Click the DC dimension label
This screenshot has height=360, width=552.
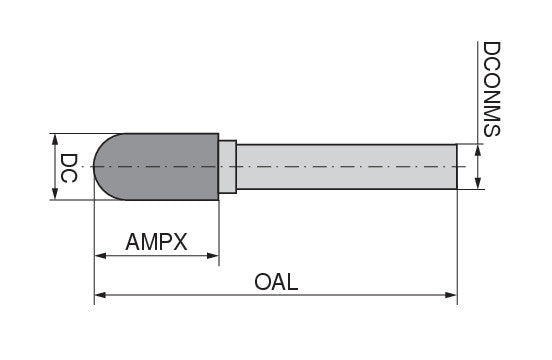coord(68,168)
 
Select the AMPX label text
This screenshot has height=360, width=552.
coord(156,242)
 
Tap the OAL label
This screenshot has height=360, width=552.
coord(276,282)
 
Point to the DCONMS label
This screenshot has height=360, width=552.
coord(491,89)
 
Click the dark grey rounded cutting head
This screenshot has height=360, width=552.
coord(157,167)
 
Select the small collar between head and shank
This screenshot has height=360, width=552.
coord(227,167)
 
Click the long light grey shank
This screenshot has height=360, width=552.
coord(347,167)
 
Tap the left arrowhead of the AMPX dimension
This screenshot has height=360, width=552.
coord(100,256)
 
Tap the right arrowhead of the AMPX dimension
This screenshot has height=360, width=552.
coord(213,256)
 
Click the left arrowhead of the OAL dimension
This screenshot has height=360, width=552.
coord(100,295)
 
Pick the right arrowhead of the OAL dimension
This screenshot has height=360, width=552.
coord(451,295)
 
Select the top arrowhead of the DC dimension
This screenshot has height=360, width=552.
coord(55,140)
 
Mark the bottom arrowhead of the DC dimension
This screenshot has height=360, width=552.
coord(55,193)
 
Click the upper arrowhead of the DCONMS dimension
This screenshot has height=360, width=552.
coord(478,150)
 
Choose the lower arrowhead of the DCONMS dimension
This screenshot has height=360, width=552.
coord(478,183)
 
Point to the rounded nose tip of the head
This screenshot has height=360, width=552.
coord(94,167)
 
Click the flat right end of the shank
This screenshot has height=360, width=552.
coord(457,167)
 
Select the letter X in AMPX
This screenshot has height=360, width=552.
coord(180,242)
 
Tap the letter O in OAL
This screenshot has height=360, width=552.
coord(263,282)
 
